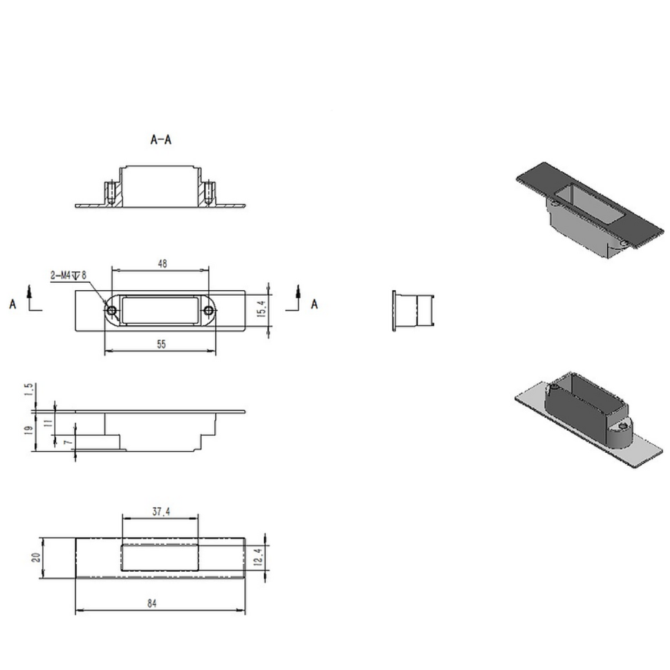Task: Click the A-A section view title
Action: coord(161,140)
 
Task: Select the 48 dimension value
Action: coord(162,264)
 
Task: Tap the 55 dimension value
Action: coord(161,344)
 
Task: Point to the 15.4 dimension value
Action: coord(261,309)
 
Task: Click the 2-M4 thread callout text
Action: coord(68,275)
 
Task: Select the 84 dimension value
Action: coord(152,604)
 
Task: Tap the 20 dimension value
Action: coord(36,558)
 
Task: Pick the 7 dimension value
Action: coord(68,441)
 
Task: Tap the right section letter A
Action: coord(314,304)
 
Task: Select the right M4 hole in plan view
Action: coord(209,312)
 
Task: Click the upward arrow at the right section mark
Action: coord(298,293)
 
